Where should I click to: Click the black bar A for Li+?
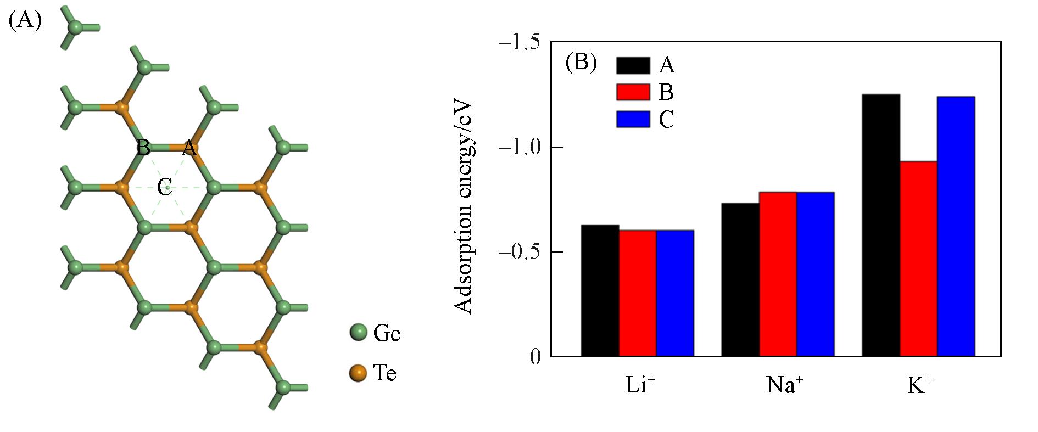(600, 290)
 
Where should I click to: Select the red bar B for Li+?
(637, 293)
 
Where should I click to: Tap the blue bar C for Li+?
(675, 293)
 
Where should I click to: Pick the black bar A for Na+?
(740, 279)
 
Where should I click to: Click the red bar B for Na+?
(778, 274)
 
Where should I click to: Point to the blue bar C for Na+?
(816, 274)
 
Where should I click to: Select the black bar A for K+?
(881, 225)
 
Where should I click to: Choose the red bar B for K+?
(918, 259)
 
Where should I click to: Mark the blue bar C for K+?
(956, 226)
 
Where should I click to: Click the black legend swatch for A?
(633, 65)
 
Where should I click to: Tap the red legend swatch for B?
(633, 92)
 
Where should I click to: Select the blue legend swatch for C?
(633, 119)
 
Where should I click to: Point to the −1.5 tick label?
(518, 42)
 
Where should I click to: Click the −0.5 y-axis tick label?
(518, 252)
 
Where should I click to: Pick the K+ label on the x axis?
(919, 385)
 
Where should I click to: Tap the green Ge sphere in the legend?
(358, 333)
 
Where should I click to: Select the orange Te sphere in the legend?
(358, 373)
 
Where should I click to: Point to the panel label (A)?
(25, 20)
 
